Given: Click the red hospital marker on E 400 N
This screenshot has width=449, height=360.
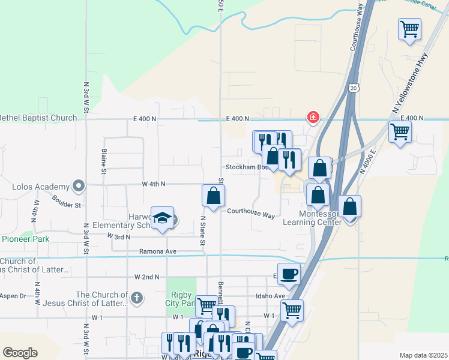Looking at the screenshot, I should [x=313, y=117].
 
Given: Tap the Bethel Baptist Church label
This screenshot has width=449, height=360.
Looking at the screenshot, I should [x=38, y=118].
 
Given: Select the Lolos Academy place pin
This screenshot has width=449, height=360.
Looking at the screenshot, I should [x=78, y=186].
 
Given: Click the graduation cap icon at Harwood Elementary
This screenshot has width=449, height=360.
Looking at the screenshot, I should [x=162, y=218].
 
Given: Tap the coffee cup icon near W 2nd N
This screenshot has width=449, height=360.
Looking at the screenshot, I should [x=289, y=274].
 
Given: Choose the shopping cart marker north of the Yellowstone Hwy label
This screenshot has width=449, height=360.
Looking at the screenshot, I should [x=409, y=28].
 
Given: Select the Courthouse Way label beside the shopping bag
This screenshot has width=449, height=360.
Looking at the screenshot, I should [x=251, y=212].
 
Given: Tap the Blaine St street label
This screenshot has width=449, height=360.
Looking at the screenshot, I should [x=104, y=161].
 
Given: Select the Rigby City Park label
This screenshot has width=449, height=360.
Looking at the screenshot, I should [x=181, y=298].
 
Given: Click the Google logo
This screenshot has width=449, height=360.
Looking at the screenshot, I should [x=20, y=352].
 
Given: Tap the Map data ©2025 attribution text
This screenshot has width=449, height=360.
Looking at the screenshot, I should [x=423, y=355].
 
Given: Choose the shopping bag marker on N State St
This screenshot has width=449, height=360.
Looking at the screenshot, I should [x=213, y=195].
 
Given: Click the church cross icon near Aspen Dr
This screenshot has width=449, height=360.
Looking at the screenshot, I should [x=137, y=298].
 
